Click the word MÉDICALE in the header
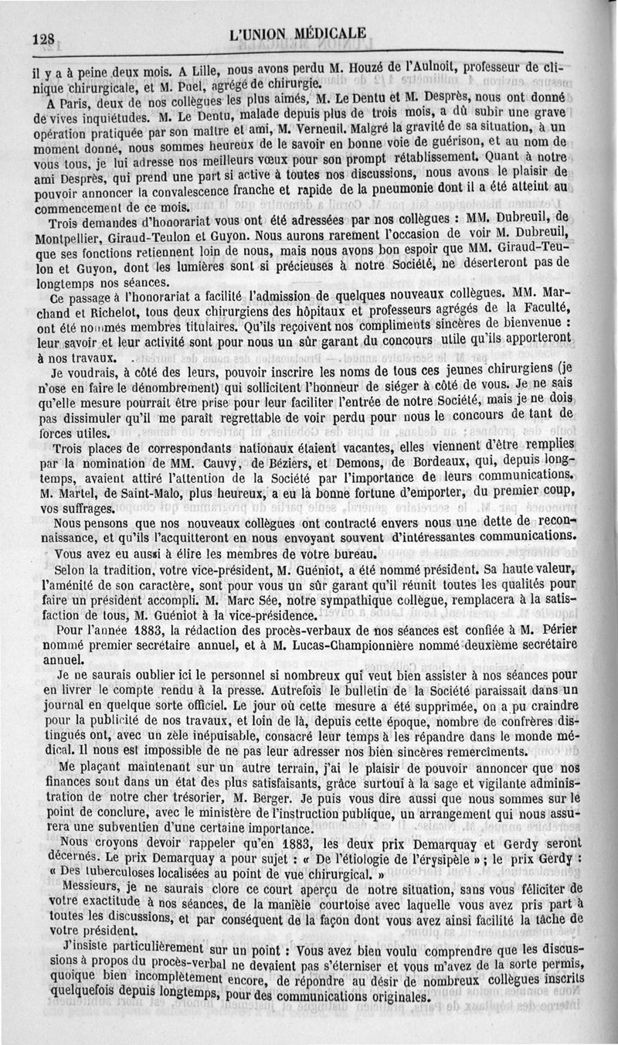click(x=325, y=34)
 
